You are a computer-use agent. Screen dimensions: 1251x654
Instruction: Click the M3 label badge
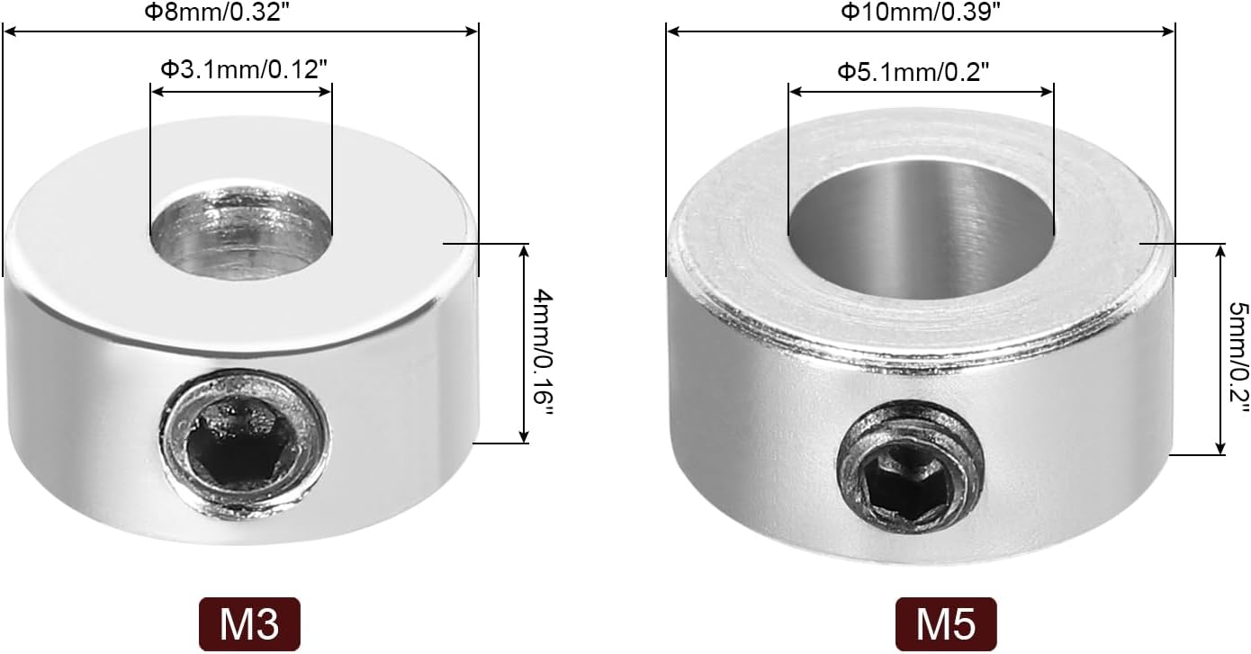pos(249,624)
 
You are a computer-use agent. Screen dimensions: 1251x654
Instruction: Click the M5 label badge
pos(946,624)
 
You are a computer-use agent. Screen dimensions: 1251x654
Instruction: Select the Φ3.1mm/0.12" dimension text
pos(244,70)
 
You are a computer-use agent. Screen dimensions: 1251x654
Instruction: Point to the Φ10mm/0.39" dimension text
pos(921,12)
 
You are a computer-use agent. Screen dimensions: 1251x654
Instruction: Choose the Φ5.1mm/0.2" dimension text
pos(913,72)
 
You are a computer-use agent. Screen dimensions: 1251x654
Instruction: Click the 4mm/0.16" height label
pos(543,352)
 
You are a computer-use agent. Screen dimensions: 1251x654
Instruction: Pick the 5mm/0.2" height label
pos(1238,358)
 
